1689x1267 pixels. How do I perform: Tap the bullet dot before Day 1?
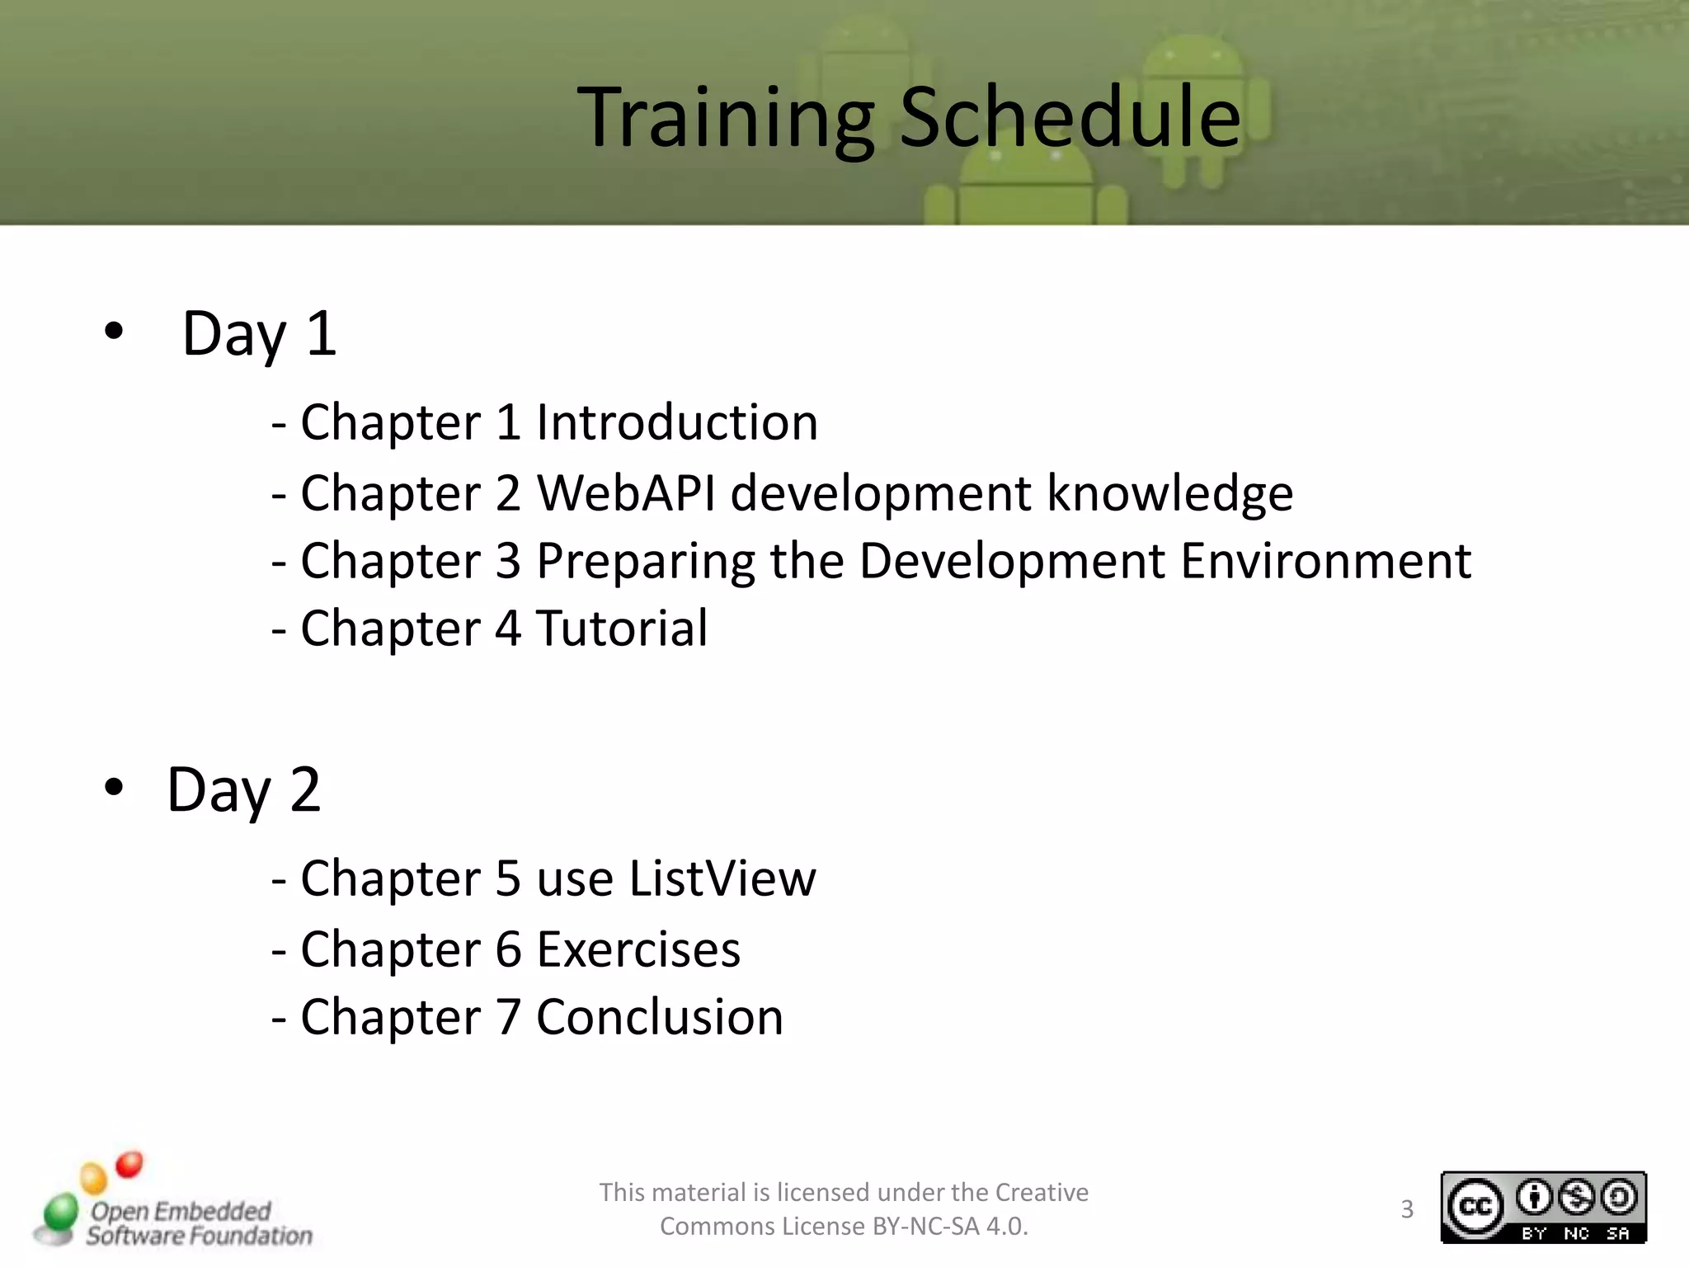tap(114, 332)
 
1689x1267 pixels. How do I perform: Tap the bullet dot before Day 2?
tap(114, 788)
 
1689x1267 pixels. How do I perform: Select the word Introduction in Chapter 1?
tap(676, 422)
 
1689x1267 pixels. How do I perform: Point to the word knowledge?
tap(1169, 493)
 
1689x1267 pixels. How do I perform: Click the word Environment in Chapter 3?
tap(1325, 561)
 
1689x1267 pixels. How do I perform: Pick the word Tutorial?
tap(622, 629)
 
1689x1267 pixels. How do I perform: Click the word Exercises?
tap(638, 949)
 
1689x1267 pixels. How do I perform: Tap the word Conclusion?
tap(659, 1017)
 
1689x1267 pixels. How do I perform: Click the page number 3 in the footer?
tap(1407, 1209)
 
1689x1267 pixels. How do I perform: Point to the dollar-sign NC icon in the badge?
tap(1576, 1198)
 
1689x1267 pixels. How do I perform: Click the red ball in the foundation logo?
tap(129, 1165)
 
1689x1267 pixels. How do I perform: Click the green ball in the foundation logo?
tap(60, 1213)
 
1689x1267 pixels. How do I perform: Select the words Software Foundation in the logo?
tap(200, 1236)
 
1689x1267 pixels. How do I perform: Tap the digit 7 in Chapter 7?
tap(508, 1017)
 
